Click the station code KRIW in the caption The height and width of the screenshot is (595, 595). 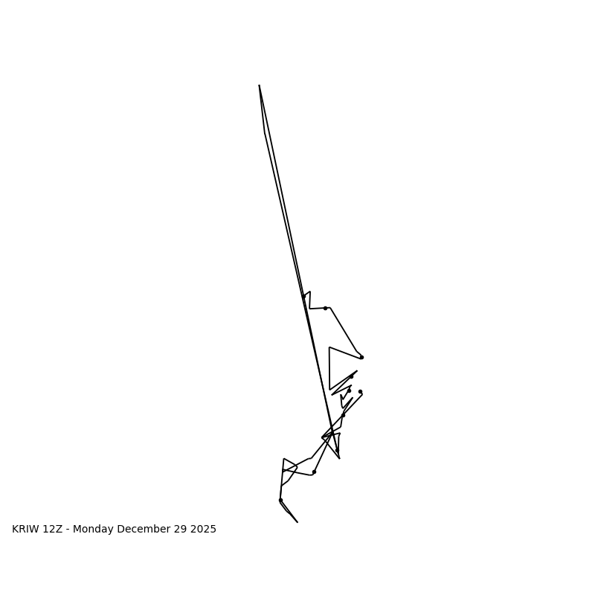click(26, 530)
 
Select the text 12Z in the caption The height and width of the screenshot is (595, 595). click(54, 530)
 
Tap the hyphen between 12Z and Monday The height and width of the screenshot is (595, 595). click(68, 530)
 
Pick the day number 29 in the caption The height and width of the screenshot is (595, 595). click(177, 530)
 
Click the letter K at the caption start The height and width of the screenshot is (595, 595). click(16, 530)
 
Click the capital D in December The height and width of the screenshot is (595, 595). click(120, 530)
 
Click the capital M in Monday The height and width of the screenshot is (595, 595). click(77, 530)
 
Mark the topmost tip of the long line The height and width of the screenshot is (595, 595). click(259, 85)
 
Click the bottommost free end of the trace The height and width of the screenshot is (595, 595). click(297, 522)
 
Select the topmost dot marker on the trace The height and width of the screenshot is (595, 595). click(325, 308)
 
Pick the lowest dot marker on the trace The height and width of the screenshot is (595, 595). click(280, 500)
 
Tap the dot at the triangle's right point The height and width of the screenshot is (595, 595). click(361, 357)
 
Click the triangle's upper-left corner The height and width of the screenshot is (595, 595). click(329, 347)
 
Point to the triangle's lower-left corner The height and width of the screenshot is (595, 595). click(329, 389)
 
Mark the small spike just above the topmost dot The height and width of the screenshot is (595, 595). click(310, 292)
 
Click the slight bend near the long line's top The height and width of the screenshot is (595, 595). click(265, 132)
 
